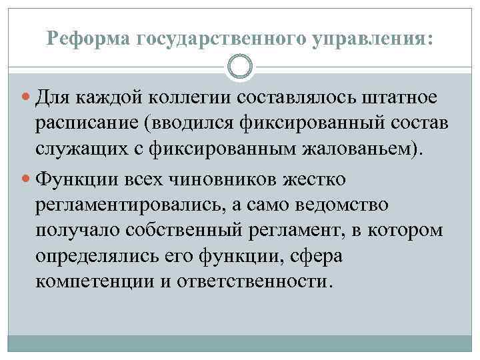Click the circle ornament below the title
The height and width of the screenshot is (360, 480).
(240, 67)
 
